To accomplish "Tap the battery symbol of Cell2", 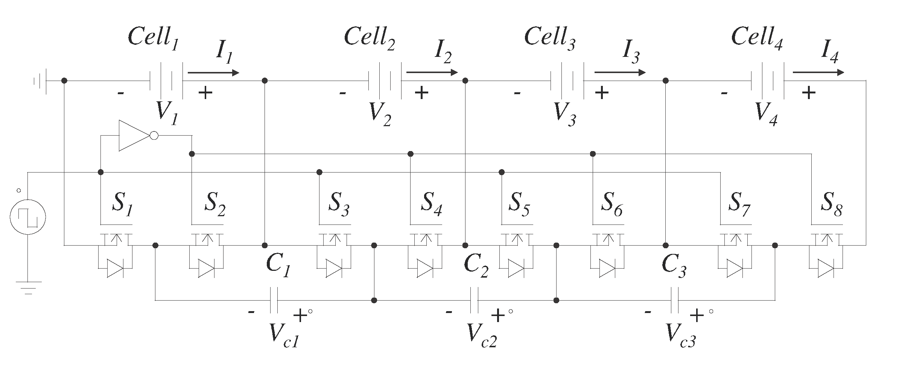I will [385, 81].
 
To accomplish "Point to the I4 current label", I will [829, 54].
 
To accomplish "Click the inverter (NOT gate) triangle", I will [135, 136].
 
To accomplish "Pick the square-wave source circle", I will [27, 217].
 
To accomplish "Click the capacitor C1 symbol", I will [274, 300].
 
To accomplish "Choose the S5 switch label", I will [519, 206].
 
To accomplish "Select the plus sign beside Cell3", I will [602, 92].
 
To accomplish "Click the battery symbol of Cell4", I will [768, 81].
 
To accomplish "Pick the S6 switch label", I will [611, 206].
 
